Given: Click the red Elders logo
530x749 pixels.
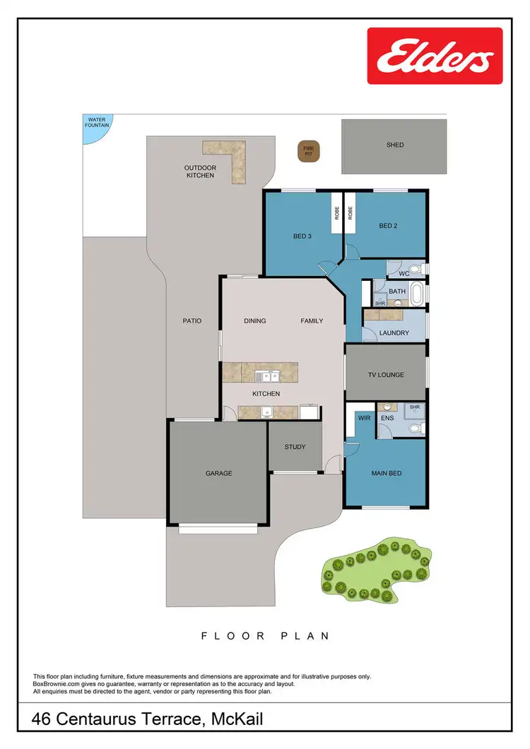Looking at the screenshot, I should click(435, 56).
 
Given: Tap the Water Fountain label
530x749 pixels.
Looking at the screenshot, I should click(95, 122).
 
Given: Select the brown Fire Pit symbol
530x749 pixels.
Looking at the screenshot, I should click(308, 151).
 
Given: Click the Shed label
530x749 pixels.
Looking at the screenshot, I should click(395, 145).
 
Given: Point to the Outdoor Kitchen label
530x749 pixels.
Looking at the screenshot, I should click(200, 172).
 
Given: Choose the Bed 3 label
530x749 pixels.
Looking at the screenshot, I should click(302, 236).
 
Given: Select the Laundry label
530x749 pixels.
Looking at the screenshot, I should click(394, 332).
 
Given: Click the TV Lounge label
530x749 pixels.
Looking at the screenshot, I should click(386, 375).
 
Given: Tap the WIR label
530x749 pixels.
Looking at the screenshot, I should click(365, 419).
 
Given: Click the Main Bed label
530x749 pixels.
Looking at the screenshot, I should click(387, 473).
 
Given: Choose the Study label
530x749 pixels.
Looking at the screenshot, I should click(295, 447).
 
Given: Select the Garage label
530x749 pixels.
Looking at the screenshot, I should click(218, 473).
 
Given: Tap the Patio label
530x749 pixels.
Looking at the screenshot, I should click(192, 320).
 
